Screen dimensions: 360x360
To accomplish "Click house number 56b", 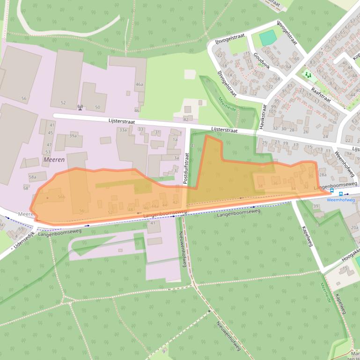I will click(61, 197).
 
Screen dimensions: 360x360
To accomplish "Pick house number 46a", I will click(139, 85).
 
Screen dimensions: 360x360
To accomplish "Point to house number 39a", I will click(73, 136).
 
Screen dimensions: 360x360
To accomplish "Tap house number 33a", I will click(123, 130).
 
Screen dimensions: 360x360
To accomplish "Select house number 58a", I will click(32, 177).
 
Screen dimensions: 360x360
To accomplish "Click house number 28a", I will click(322, 175).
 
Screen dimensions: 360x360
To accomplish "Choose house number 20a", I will click(354, 227).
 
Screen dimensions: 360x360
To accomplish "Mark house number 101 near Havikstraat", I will click(272, 112).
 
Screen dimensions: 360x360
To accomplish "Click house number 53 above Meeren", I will click(48, 152).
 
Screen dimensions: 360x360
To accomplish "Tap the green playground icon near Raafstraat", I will click(308, 74).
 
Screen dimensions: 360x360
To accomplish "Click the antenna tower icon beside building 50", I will click(80, 107).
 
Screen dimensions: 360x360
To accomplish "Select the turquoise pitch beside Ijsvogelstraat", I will click(268, 37).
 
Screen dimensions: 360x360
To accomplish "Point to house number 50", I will click(97, 108).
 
